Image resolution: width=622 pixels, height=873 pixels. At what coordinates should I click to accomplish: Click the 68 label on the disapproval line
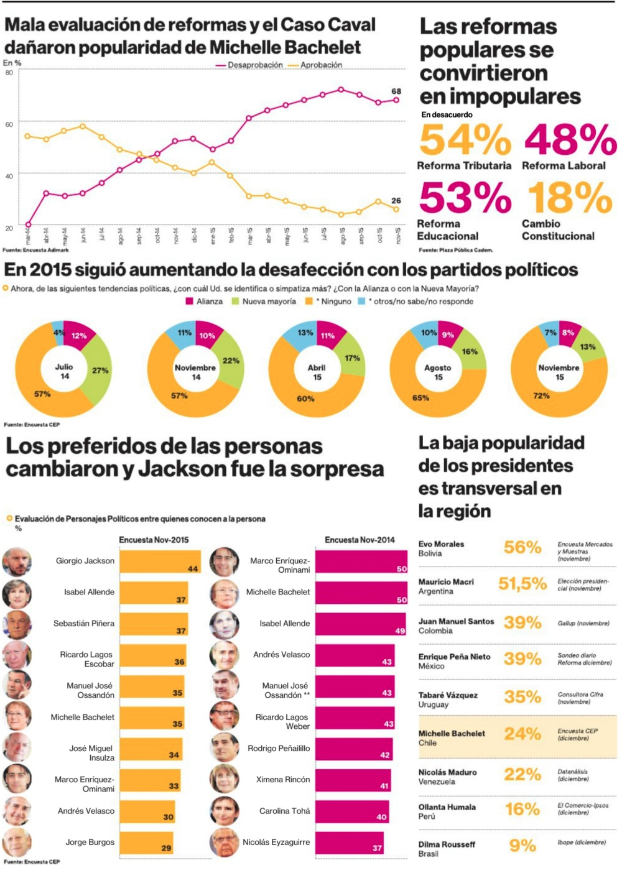[x=396, y=91]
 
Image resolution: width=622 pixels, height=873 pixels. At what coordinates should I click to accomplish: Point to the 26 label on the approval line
[x=396, y=201]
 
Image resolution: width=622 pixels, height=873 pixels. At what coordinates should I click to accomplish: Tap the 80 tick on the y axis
[x=9, y=73]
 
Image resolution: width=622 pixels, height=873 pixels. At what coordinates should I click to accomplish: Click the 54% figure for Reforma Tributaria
[x=465, y=140]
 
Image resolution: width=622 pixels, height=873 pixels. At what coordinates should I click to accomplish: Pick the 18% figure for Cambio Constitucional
[x=570, y=198]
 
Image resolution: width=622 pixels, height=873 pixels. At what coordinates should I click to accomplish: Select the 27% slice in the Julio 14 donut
[x=100, y=371]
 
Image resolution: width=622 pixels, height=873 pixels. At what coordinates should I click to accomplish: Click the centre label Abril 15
[x=317, y=372]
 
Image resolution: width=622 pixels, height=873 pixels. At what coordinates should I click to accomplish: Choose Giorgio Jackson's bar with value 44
[x=160, y=561]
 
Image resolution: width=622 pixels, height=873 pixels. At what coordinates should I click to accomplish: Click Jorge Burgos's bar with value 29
[x=147, y=843]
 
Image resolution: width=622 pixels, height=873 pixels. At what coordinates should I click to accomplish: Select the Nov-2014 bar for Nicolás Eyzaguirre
[x=349, y=843]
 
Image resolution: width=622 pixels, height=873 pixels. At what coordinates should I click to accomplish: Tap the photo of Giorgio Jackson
[x=17, y=561]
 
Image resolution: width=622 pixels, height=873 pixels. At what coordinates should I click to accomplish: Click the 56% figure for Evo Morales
[x=522, y=547]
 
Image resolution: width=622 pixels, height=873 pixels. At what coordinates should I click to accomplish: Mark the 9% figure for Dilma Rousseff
[x=522, y=846]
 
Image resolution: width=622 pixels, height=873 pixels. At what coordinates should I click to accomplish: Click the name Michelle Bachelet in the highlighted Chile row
[x=452, y=734]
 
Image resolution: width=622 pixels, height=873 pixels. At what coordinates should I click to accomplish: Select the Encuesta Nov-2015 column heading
[x=154, y=540]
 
